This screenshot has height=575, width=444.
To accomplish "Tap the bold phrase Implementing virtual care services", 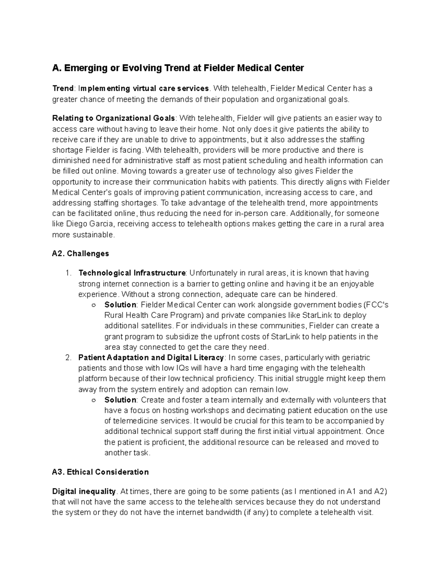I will point(144,88).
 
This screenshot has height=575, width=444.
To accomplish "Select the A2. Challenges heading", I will point(81,254).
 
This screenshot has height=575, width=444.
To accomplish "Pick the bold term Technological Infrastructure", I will point(132,273).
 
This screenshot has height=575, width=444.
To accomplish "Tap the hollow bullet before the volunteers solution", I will point(93,400).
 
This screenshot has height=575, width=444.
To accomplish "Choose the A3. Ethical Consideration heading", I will point(100,472).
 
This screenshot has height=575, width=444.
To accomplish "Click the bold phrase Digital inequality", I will point(84,492).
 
